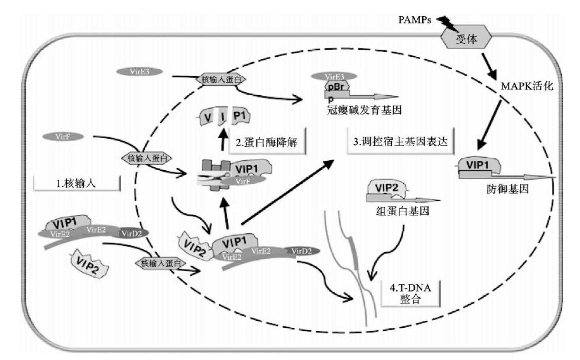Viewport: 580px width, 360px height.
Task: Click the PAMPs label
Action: pyautogui.click(x=414, y=20)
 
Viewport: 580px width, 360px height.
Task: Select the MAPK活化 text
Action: pyautogui.click(x=527, y=86)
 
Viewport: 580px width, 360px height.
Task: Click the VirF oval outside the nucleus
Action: pyautogui.click(x=63, y=137)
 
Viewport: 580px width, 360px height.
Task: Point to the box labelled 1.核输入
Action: pyautogui.click(x=77, y=183)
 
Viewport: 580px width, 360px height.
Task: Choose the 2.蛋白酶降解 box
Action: pyautogui.click(x=267, y=142)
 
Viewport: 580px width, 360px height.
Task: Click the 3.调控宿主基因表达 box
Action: pyautogui.click(x=400, y=141)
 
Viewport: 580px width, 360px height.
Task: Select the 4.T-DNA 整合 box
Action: pyautogui.click(x=410, y=293)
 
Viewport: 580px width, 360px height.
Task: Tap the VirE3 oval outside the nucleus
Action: pyautogui.click(x=139, y=72)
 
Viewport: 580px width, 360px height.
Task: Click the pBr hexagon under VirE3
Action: pyautogui.click(x=337, y=86)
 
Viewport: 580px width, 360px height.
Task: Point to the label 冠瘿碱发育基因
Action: pyautogui.click(x=364, y=110)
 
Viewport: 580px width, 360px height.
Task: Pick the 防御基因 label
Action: pyautogui.click(x=507, y=189)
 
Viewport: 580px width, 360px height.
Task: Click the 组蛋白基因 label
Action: pyautogui.click(x=402, y=211)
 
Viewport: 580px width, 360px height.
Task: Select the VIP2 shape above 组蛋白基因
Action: pyautogui.click(x=387, y=188)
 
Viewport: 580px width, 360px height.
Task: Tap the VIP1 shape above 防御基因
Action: pyautogui.click(x=479, y=165)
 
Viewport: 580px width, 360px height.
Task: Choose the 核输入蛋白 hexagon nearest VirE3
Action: pyautogui.click(x=221, y=79)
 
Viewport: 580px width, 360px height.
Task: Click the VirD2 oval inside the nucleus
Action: pyautogui.click(x=301, y=251)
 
